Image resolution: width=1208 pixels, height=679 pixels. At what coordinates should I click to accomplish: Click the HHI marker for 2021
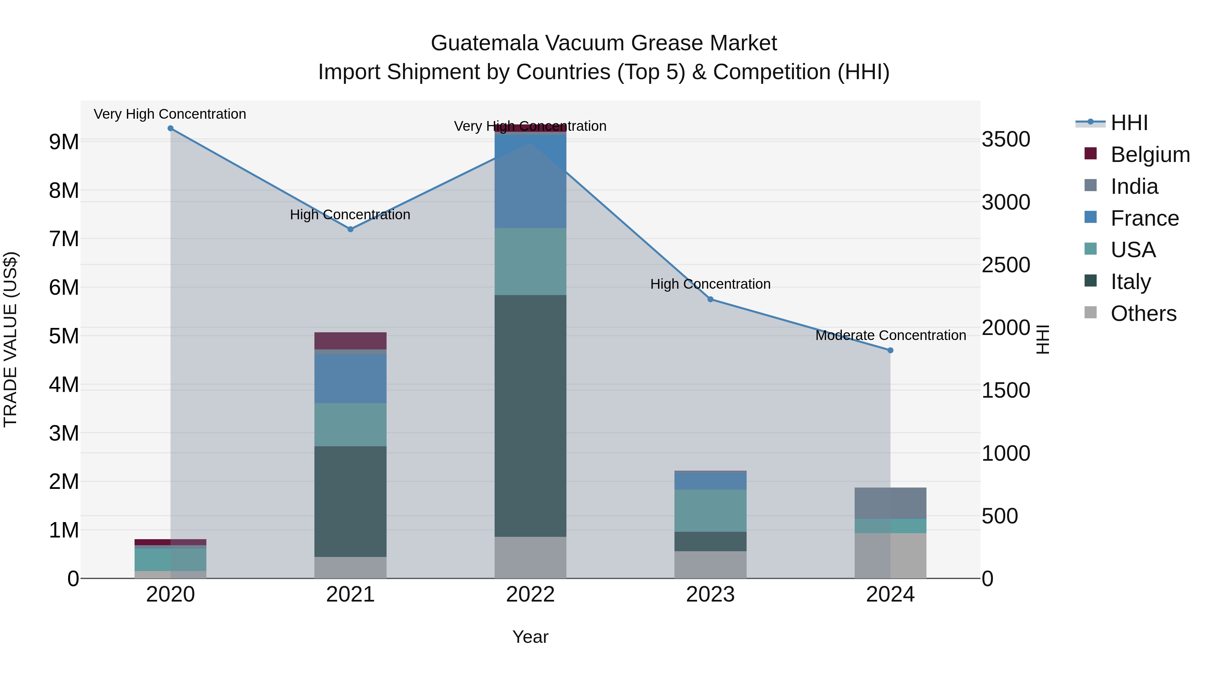(350, 229)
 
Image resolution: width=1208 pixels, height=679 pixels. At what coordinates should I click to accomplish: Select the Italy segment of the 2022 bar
(531, 416)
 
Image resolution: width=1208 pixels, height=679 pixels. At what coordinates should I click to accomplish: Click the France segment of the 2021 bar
(350, 378)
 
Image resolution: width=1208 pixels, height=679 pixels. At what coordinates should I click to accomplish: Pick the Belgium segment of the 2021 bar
(350, 341)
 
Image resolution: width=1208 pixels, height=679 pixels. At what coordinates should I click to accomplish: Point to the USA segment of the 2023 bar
(710, 510)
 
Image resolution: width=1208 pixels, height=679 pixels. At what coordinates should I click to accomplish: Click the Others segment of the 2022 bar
(531, 557)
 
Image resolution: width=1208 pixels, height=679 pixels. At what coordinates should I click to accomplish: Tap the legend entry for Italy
(1130, 282)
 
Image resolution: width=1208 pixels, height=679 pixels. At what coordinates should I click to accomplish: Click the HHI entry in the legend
(1129, 123)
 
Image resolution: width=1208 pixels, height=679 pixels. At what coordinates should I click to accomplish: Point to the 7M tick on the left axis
(64, 239)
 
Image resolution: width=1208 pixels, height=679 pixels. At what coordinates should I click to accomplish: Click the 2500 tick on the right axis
(1006, 265)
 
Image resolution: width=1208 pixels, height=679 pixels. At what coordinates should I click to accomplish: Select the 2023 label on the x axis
(710, 595)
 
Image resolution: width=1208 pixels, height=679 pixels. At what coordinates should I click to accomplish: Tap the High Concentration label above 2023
(710, 284)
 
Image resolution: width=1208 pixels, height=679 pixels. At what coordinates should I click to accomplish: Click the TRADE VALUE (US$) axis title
(10, 339)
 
